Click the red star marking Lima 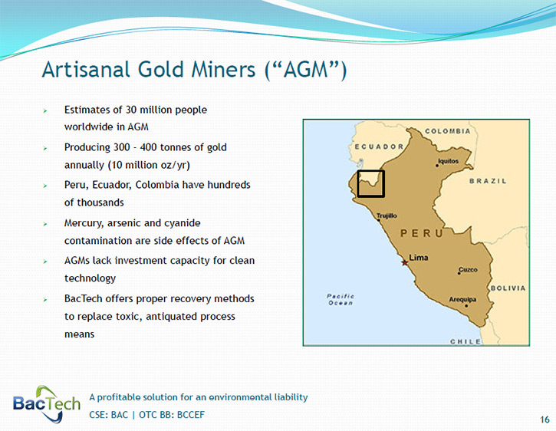click(404, 262)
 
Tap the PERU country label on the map click(422, 233)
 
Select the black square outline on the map click(371, 171)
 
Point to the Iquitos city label click(449, 161)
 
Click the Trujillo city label click(387, 215)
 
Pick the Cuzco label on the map click(468, 270)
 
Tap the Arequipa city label click(462, 299)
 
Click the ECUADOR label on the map click(379, 146)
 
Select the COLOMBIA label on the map click(448, 131)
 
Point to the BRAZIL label click(488, 181)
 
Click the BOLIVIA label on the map click(508, 288)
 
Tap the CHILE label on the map click(466, 341)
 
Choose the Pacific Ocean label click(340, 299)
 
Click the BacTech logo click(47, 404)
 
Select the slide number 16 click(544, 419)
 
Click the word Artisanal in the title click(85, 69)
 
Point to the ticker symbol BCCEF click(191, 415)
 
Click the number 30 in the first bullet click(131, 110)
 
